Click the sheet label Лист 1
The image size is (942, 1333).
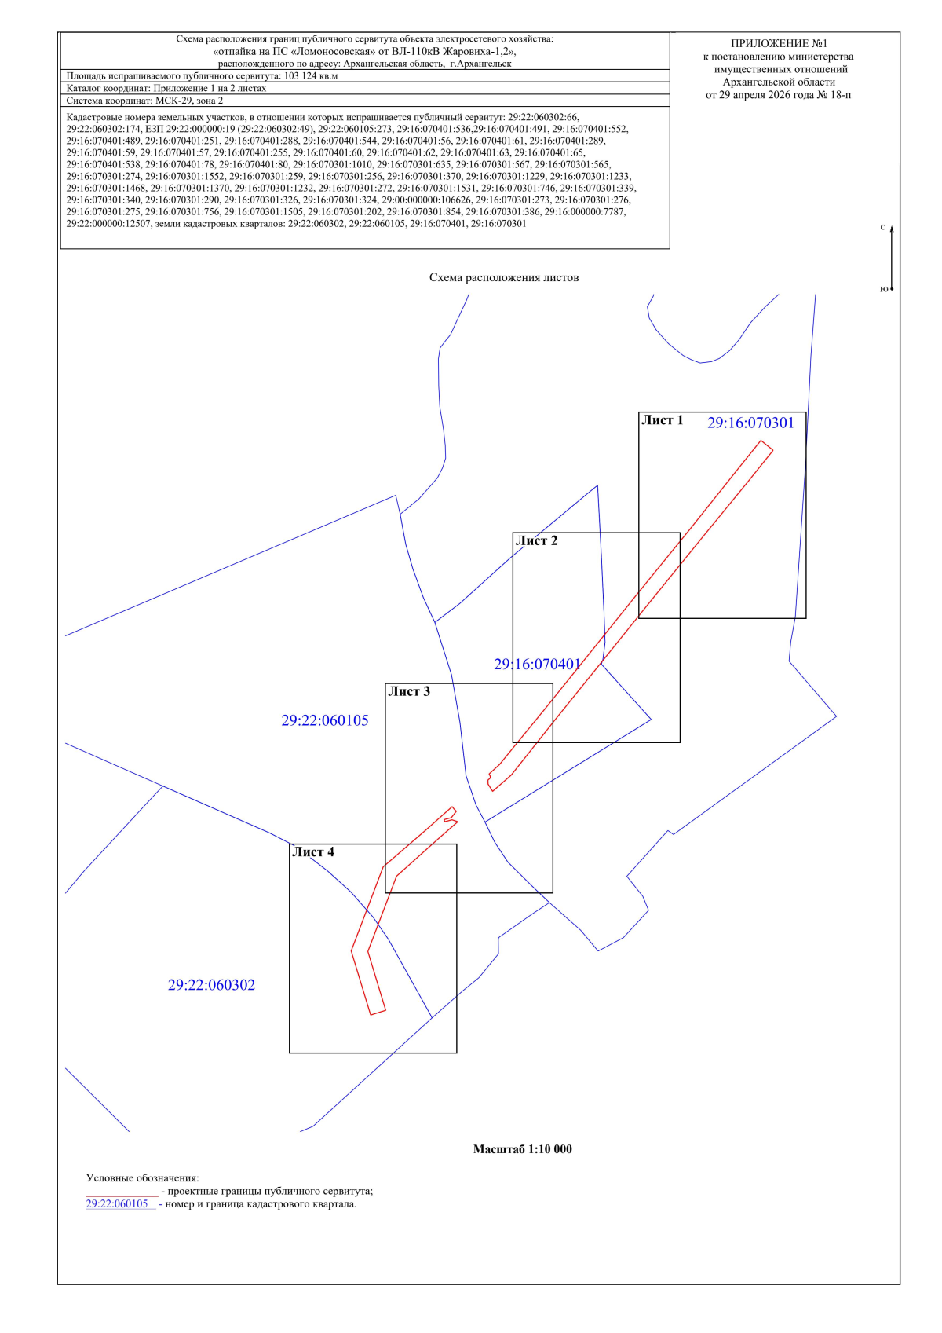(662, 420)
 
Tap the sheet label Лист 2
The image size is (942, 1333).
(536, 541)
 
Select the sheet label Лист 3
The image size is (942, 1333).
(408, 691)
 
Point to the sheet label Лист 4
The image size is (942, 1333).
(312, 852)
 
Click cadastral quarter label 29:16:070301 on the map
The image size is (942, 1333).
(750, 423)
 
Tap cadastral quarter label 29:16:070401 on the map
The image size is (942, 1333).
(537, 665)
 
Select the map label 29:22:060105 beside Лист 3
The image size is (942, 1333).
(325, 720)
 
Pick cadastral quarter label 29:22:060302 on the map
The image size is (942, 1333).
(211, 985)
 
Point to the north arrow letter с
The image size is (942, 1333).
(883, 227)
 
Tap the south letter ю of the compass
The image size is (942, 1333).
(884, 288)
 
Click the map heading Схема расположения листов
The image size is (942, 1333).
(504, 278)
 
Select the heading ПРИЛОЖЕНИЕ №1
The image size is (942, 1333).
(779, 43)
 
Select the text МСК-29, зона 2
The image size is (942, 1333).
(190, 101)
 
